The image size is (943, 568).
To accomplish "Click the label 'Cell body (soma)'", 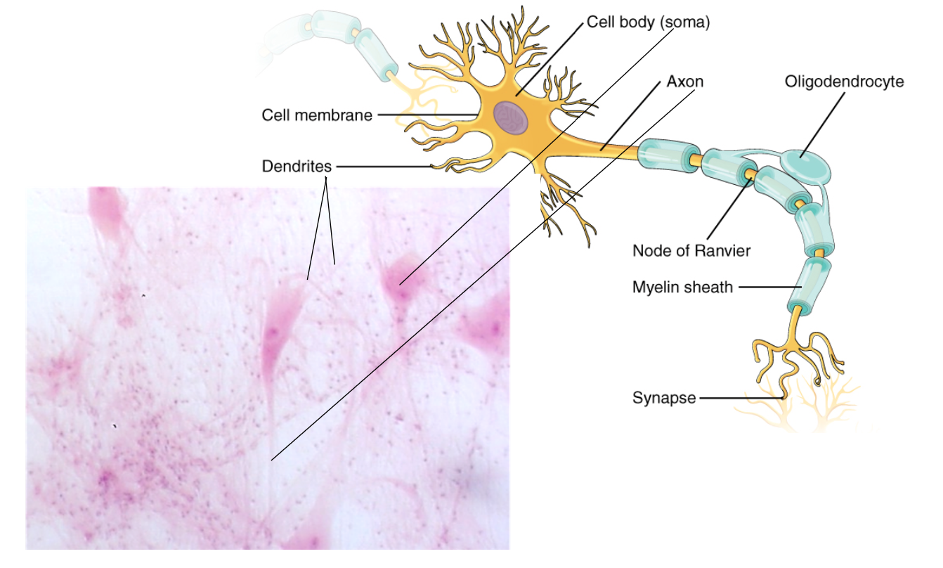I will [648, 22].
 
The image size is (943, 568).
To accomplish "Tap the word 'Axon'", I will [684, 82].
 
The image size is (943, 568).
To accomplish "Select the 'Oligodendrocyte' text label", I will [844, 82].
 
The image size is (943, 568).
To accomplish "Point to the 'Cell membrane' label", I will [317, 115].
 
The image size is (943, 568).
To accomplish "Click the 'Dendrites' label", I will [296, 167].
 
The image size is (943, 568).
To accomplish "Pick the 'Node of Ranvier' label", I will [691, 251].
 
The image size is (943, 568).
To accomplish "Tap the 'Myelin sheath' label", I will [682, 287].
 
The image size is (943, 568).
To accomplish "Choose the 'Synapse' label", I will [664, 399].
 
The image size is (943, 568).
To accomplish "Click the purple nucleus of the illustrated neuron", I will [511, 117].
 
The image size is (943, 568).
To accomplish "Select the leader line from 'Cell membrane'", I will [427, 115].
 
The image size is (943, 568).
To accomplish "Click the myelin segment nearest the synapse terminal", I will [804, 285].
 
